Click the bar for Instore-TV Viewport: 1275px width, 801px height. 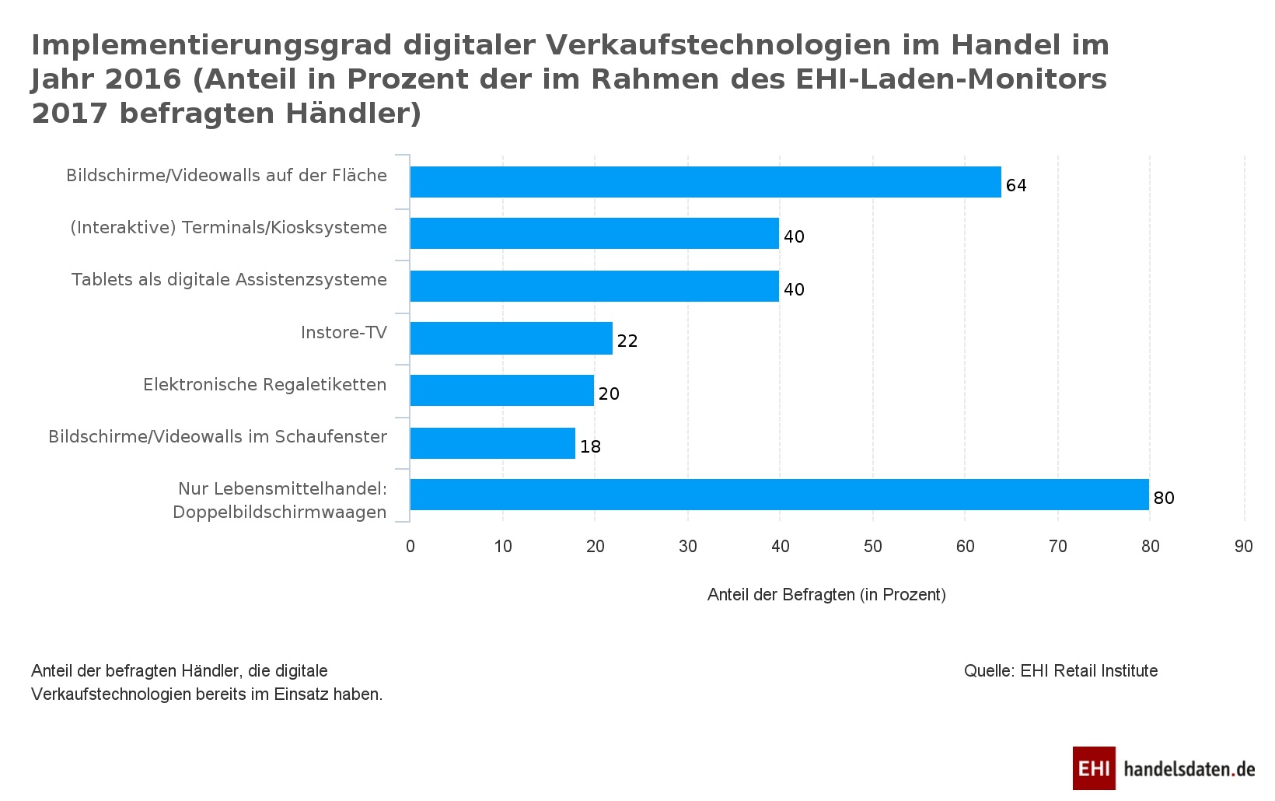(512, 338)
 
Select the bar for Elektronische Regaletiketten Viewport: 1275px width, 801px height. (502, 390)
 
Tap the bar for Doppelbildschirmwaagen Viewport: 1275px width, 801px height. (779, 495)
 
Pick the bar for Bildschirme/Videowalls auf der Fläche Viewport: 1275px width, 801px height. (705, 182)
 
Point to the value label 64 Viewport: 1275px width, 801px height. (1016, 185)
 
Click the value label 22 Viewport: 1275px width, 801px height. (627, 341)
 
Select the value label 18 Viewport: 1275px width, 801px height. (590, 446)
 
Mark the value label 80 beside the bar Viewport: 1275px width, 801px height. (1164, 498)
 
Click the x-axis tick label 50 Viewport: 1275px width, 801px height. (872, 547)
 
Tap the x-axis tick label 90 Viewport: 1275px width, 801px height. (1243, 547)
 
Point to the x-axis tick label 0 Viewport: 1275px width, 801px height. (410, 547)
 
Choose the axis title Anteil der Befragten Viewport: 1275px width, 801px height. (826, 595)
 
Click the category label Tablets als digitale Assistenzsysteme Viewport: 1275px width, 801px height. (229, 280)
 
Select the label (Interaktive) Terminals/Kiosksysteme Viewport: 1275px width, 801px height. (229, 228)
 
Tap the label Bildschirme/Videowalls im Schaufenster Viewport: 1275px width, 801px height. (218, 437)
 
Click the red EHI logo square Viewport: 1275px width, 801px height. (1094, 768)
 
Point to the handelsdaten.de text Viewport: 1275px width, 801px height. (1189, 769)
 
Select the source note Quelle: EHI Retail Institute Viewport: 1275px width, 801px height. (1060, 671)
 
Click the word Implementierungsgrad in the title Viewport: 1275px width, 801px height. (211, 45)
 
